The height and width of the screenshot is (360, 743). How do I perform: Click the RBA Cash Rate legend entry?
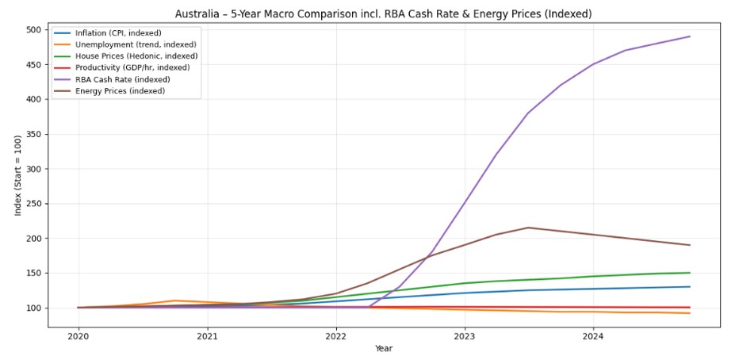point(122,79)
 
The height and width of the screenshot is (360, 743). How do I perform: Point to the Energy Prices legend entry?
point(120,90)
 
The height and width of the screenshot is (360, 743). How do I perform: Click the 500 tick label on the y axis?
point(33,30)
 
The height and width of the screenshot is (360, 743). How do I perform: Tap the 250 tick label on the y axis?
point(33,204)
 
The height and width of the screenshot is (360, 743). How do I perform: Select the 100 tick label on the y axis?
point(33,308)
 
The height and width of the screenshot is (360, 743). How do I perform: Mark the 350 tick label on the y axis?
point(33,135)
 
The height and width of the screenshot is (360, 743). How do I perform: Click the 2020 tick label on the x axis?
point(78,336)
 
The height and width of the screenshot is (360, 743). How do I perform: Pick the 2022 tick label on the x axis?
point(336,336)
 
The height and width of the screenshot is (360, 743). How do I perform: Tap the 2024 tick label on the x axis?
point(593,336)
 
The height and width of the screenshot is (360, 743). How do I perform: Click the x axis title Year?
point(383,349)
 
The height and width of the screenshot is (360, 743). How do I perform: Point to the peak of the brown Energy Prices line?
point(528,228)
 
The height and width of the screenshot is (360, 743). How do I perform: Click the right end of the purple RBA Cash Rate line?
point(690,36)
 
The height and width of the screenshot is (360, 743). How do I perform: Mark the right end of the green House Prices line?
point(690,273)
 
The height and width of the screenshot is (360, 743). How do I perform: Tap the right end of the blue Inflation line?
point(690,287)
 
